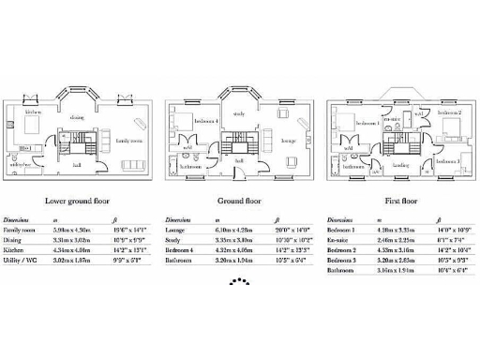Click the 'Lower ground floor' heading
81,201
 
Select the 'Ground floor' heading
241,201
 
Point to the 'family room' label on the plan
128,141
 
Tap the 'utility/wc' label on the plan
22,165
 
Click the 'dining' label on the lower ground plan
77,118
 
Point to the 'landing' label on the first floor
400,164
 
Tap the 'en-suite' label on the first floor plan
393,118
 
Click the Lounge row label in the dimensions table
174,228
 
